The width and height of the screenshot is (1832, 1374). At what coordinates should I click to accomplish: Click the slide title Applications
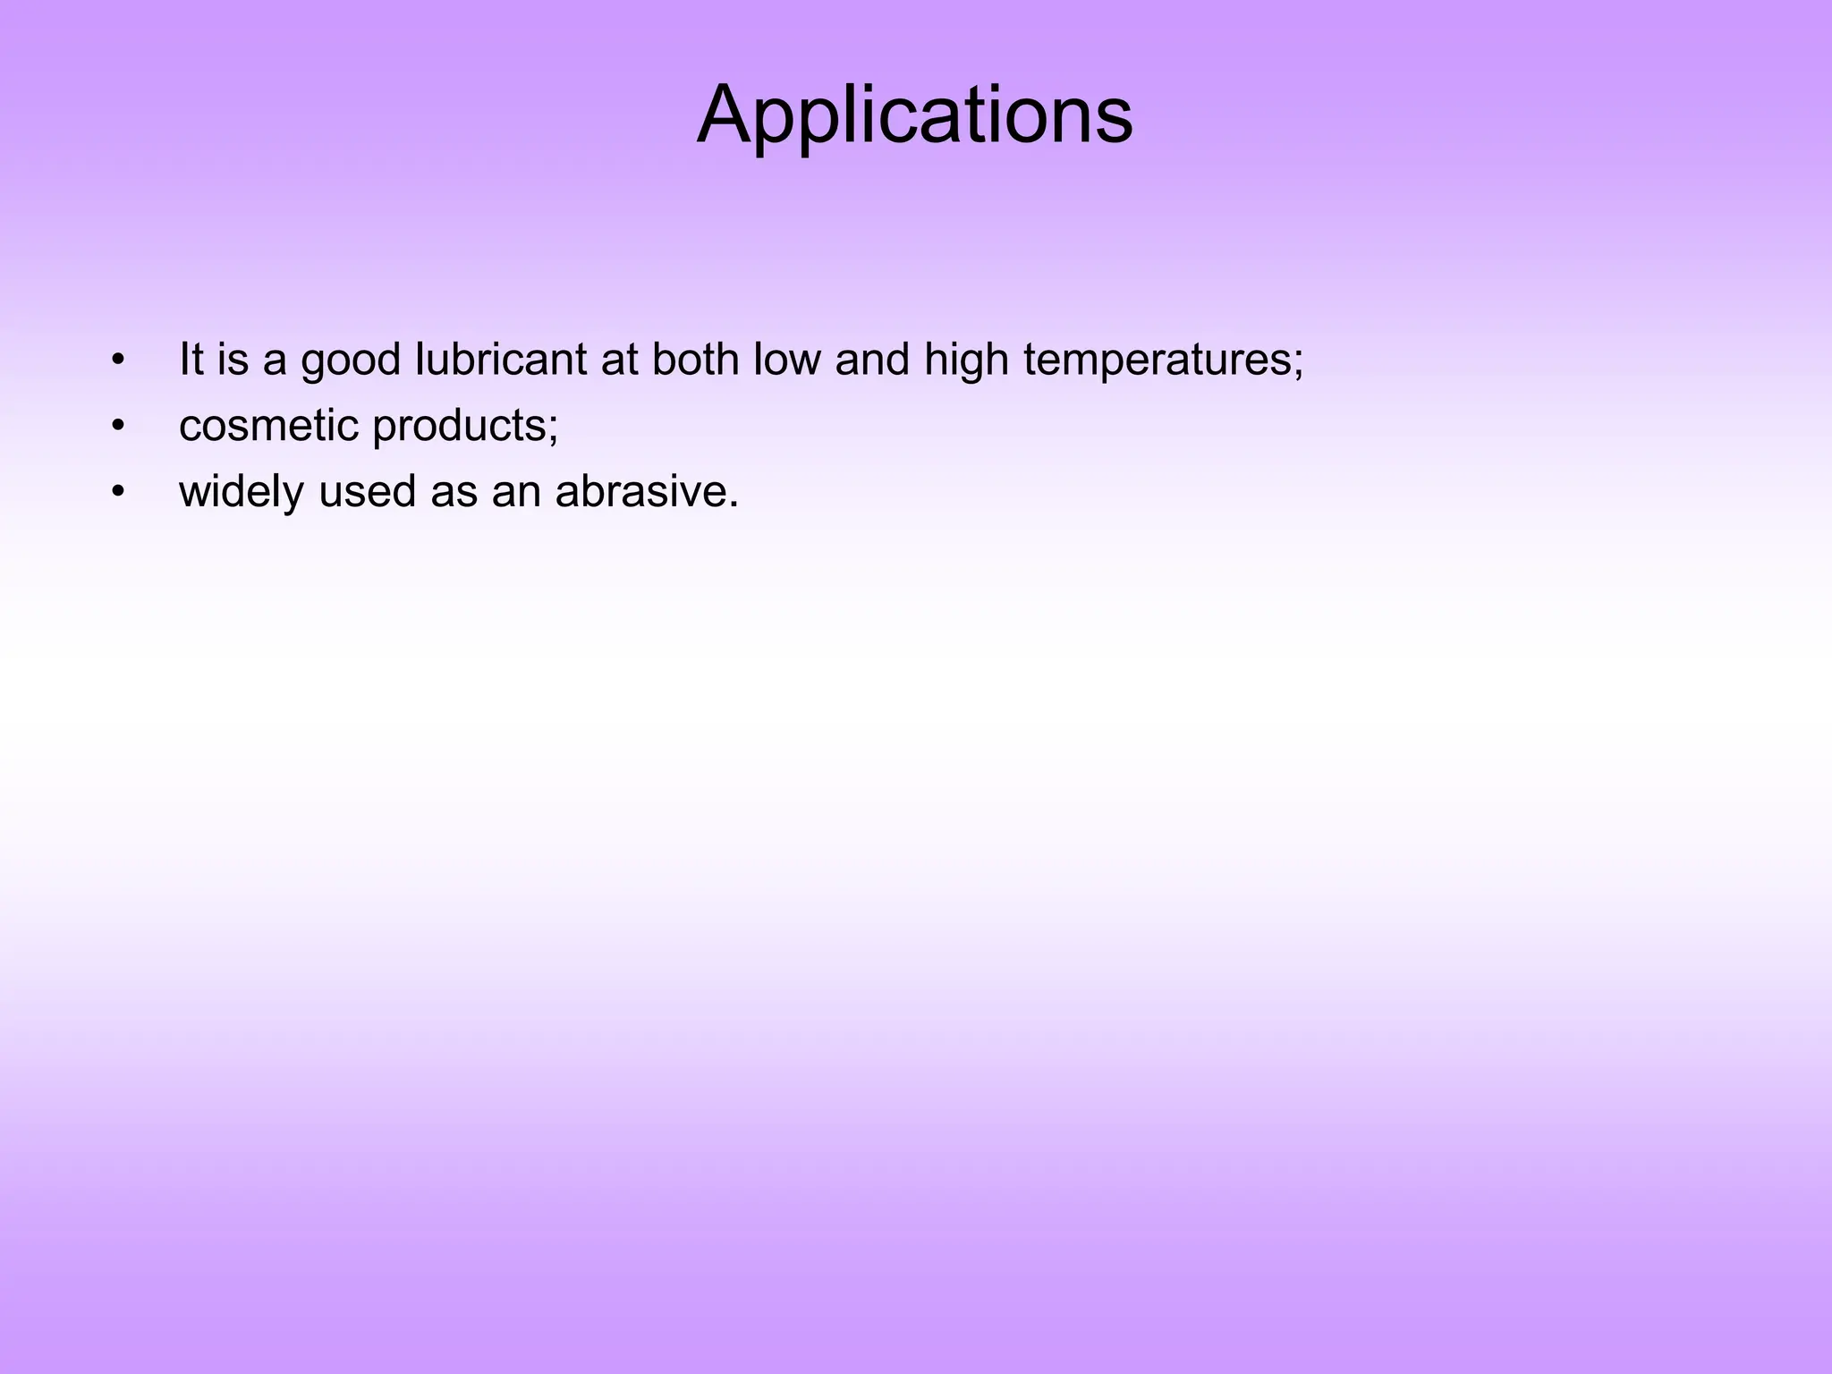click(914, 115)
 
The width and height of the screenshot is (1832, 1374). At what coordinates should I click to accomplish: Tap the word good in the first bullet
click(350, 360)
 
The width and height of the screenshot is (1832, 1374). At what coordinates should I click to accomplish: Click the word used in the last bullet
click(367, 492)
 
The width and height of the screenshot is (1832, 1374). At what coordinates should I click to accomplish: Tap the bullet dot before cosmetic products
click(117, 427)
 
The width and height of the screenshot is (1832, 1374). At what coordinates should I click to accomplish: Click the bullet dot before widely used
click(117, 493)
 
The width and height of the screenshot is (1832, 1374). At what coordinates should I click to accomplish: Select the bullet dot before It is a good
click(117, 360)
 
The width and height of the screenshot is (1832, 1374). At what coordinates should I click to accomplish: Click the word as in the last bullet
click(454, 492)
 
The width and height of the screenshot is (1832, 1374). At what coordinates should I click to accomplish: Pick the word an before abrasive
click(516, 492)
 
